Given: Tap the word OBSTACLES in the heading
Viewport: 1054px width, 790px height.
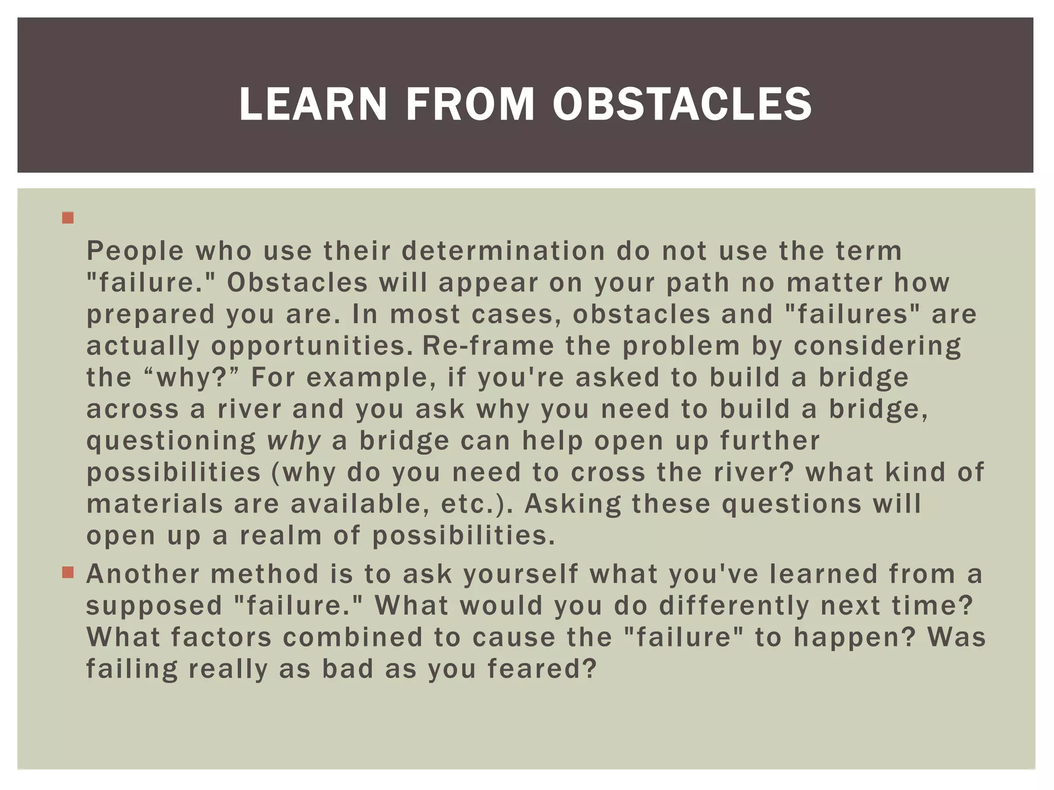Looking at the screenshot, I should coord(682,104).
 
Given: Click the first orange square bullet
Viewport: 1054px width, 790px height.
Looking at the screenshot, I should coord(67,218).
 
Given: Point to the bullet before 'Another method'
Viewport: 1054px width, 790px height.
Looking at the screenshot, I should coord(67,572).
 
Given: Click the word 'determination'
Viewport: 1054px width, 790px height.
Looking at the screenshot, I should coord(503,251).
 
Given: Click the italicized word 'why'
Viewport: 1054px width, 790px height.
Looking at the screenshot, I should coord(294,441).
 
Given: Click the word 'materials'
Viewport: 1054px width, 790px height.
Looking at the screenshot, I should coord(155,504).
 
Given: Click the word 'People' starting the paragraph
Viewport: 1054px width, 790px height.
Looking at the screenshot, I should coord(135,251).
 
